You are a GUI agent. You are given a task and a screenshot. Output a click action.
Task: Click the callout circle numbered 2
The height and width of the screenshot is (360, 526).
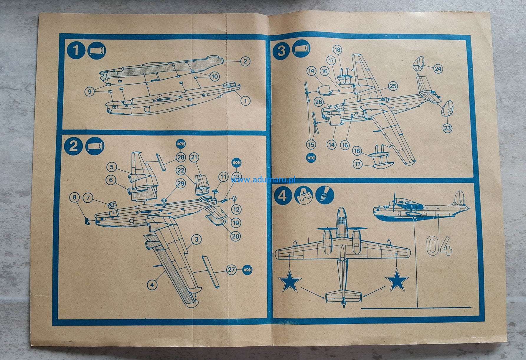click(x=245, y=61)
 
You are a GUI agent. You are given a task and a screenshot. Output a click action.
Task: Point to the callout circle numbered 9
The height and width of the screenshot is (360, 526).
click(x=90, y=91)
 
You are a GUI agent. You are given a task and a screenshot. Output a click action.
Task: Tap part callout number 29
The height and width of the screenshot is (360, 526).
click(x=181, y=183)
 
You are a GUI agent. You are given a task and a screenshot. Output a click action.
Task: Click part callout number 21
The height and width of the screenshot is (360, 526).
click(x=194, y=157)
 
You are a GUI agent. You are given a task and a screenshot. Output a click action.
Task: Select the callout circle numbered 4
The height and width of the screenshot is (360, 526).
click(x=152, y=285)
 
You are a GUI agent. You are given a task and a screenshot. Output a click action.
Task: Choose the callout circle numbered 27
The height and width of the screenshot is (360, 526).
click(x=232, y=269)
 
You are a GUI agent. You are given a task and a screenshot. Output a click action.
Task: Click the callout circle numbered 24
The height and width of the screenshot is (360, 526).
click(x=438, y=69)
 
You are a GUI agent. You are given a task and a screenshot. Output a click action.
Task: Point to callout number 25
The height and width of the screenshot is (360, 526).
click(x=393, y=86)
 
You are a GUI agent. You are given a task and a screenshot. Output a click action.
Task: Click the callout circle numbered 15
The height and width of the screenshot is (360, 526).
click(x=311, y=144)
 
